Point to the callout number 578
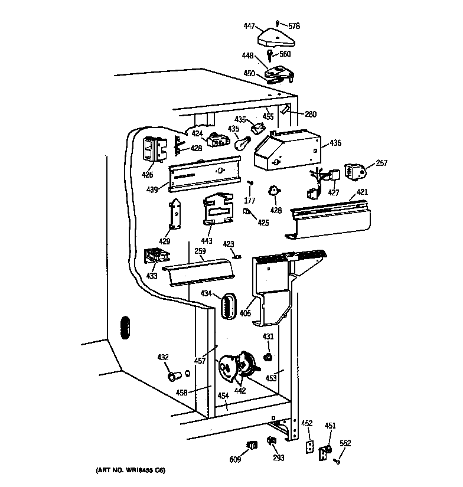[294, 25]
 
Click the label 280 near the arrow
[312, 114]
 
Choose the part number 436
[335, 143]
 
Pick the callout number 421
[361, 192]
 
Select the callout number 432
[163, 357]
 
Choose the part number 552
[345, 444]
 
